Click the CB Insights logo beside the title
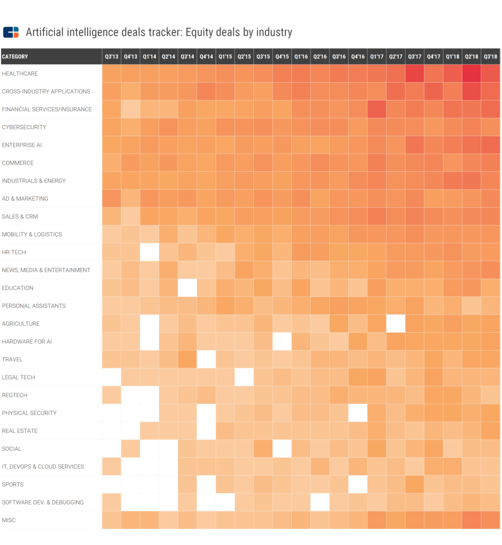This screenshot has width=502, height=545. (11, 32)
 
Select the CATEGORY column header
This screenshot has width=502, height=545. (15, 56)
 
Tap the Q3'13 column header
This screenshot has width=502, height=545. (111, 56)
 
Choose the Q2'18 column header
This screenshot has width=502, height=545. (471, 56)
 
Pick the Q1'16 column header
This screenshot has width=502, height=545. (301, 56)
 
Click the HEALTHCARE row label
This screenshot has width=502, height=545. (20, 73)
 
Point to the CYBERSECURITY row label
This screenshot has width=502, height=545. (24, 127)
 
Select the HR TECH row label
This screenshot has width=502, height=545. (14, 252)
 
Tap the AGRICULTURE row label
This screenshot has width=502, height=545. (21, 324)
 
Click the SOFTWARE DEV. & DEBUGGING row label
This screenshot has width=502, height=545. (43, 502)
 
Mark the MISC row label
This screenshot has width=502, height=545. (9, 520)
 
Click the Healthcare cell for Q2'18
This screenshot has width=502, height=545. (471, 73)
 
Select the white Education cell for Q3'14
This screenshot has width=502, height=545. (187, 288)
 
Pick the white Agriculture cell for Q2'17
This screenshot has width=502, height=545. (396, 324)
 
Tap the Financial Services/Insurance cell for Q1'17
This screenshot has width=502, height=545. (376, 109)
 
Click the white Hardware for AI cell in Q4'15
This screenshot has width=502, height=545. (282, 341)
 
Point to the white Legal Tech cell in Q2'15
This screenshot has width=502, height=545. (244, 377)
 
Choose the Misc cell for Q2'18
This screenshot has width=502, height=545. (471, 520)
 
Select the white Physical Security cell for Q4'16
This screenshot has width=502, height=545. (358, 413)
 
